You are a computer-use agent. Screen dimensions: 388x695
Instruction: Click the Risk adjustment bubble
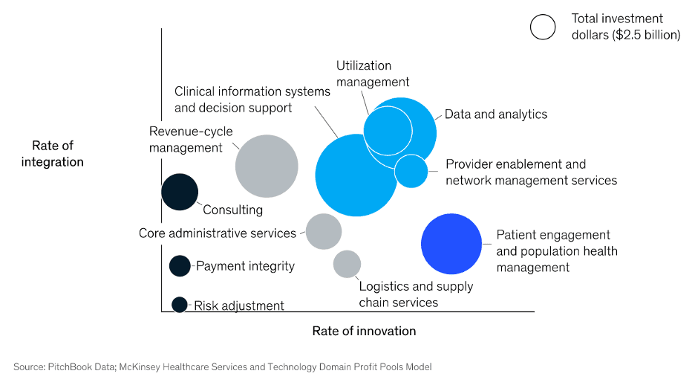coord(179,304)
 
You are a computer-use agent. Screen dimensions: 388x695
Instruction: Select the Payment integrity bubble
coord(180,265)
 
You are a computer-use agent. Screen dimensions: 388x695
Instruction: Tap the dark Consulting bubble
coord(180,191)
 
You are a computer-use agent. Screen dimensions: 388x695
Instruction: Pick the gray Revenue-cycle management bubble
coord(267,166)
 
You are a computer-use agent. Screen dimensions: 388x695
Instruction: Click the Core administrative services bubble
coord(323,231)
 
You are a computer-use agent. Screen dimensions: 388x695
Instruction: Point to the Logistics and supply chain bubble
coord(347,264)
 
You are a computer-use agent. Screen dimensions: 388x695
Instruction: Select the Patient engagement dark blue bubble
coord(451,243)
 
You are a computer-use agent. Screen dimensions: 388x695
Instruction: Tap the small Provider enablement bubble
coord(411,171)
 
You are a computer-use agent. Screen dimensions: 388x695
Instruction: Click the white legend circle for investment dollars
coord(543,27)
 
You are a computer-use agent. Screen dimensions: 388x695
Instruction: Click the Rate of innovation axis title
coord(364,331)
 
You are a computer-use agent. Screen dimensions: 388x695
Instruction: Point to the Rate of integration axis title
coord(53,154)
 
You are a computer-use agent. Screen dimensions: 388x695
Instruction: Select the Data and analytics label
coord(495,114)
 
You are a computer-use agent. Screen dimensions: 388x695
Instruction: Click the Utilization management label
coord(373,74)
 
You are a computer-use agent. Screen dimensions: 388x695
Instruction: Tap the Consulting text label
coord(232,210)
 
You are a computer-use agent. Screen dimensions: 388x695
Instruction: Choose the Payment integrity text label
coord(245,266)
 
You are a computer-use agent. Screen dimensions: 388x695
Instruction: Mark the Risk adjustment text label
coord(239,305)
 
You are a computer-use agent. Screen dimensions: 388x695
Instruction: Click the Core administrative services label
coord(218,233)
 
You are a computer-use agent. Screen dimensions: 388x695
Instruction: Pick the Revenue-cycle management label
coord(191,139)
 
